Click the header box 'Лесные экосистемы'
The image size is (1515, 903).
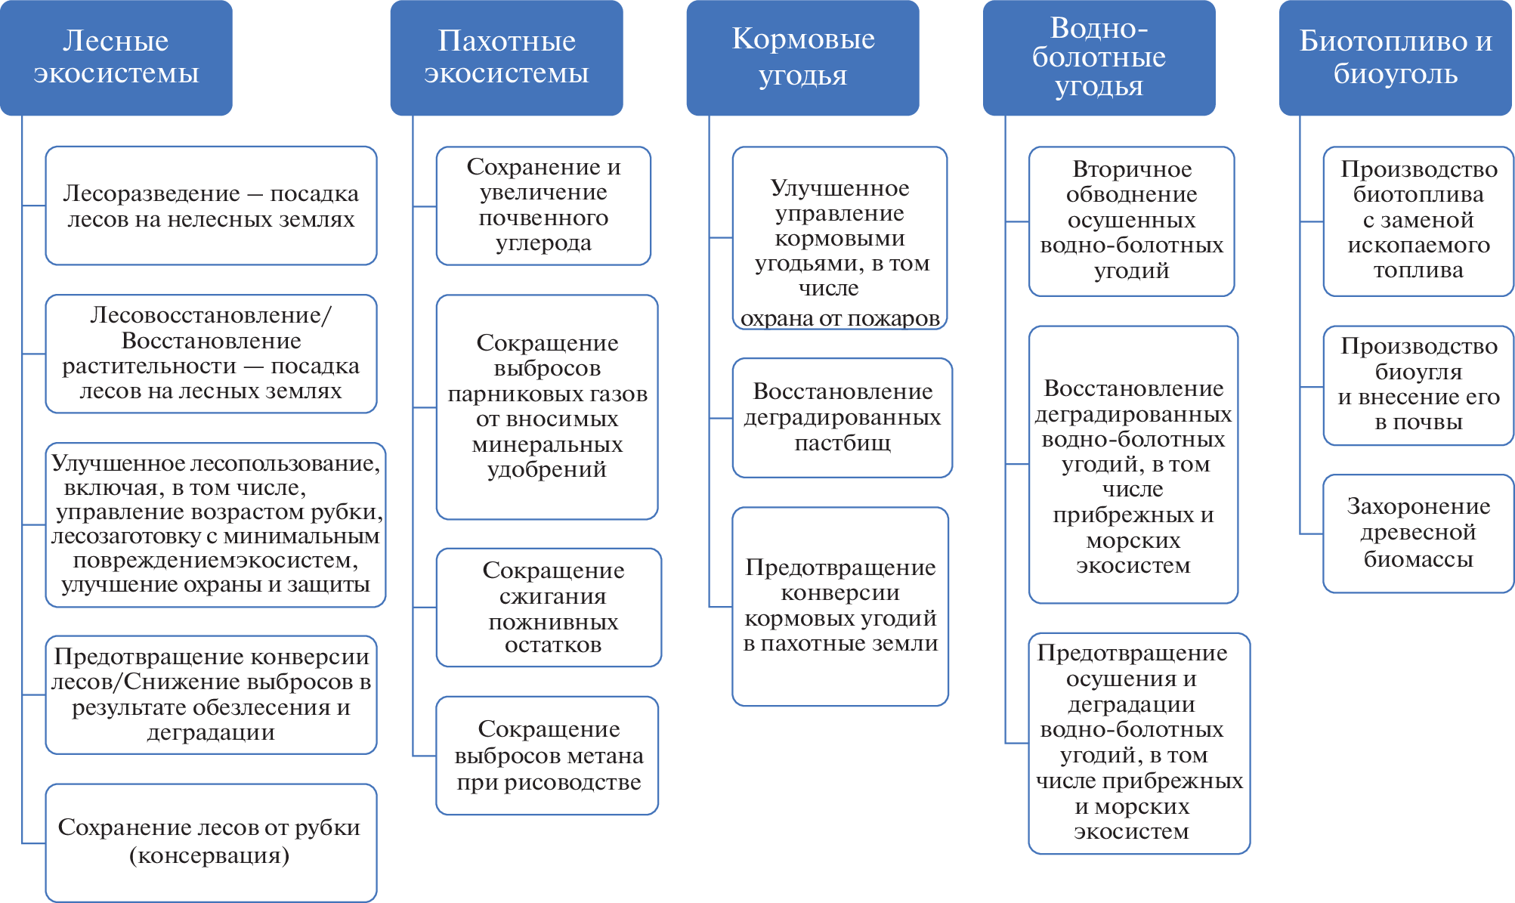click(x=116, y=57)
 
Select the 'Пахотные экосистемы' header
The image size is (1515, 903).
click(x=506, y=57)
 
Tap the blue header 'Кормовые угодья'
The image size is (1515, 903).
click(x=802, y=57)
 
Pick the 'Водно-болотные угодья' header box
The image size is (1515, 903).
click(x=1099, y=57)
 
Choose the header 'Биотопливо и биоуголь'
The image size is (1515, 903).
click(x=1395, y=57)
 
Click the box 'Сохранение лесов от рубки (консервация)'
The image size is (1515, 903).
click(x=211, y=842)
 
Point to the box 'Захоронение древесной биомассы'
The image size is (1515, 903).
click(x=1418, y=533)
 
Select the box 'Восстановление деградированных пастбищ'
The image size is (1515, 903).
click(x=842, y=417)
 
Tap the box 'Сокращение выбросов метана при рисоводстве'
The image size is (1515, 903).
click(x=547, y=755)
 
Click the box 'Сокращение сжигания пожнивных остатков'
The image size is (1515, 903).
click(x=549, y=607)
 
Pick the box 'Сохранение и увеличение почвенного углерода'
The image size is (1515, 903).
click(x=543, y=206)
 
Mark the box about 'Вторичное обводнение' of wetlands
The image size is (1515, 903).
click(x=1131, y=221)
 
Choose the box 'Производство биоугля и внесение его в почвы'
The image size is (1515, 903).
click(x=1418, y=385)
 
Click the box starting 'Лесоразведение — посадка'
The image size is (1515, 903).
click(x=211, y=206)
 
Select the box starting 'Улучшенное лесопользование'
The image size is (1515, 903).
click(x=215, y=524)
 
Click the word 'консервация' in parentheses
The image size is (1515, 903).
click(x=209, y=855)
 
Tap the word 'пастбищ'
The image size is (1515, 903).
click(x=842, y=443)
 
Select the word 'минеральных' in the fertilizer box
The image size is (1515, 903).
click(x=547, y=444)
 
